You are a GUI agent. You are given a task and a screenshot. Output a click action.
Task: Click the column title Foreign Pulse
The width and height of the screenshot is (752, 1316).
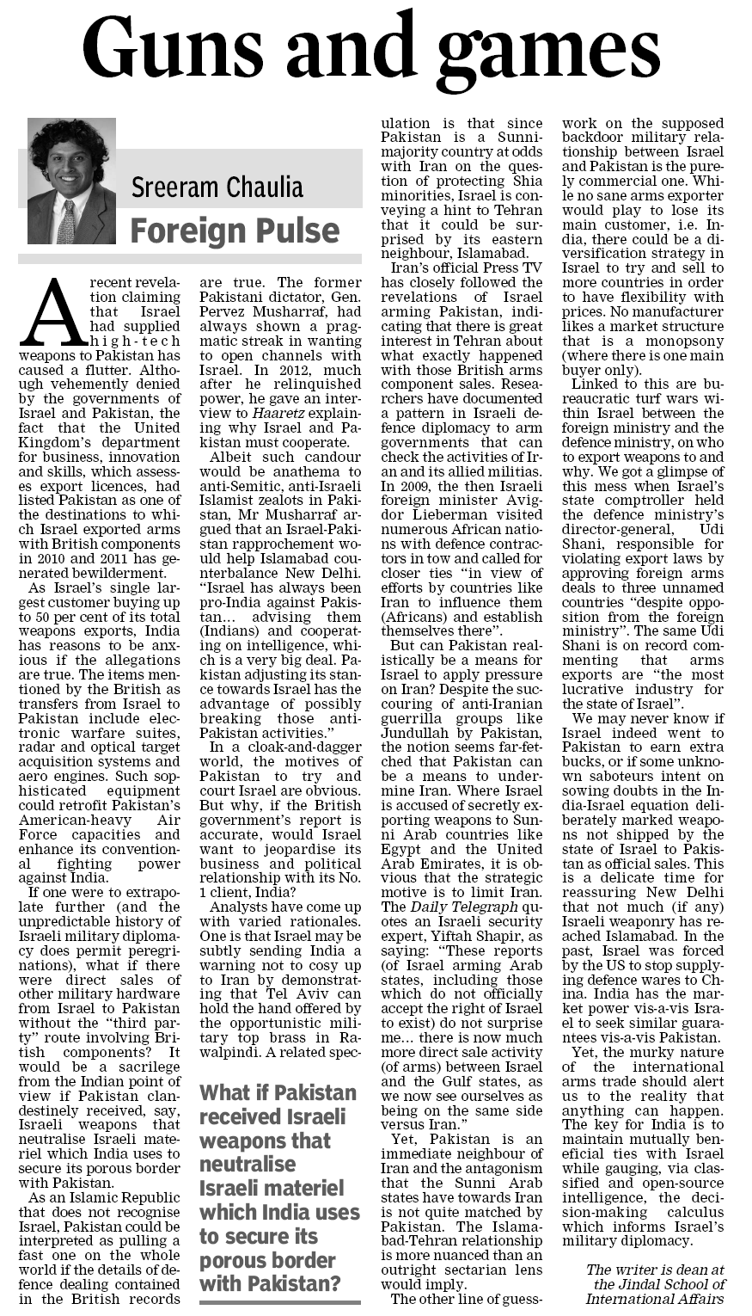pos(234,231)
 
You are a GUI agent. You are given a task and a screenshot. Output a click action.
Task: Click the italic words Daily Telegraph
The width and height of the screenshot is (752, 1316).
pos(464,907)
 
